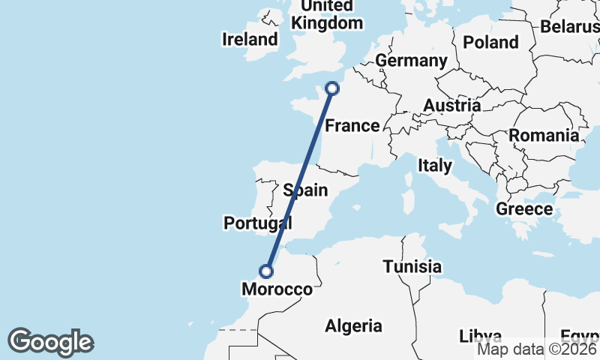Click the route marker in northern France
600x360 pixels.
[331, 89]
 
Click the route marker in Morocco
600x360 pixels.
[266, 271]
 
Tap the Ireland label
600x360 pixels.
[250, 40]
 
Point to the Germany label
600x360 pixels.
[411, 61]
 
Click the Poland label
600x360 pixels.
[490, 42]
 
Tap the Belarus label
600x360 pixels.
[569, 27]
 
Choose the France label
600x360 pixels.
[352, 125]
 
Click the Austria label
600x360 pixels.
[451, 106]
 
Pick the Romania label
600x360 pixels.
[544, 136]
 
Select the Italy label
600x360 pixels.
[435, 165]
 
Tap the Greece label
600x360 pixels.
[524, 208]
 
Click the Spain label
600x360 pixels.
[305, 190]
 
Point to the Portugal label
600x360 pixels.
[257, 223]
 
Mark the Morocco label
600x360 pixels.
[277, 289]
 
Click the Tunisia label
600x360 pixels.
[412, 266]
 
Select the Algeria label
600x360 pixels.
[353, 325]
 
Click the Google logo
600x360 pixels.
[50, 342]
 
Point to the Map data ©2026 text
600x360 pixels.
[537, 348]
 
